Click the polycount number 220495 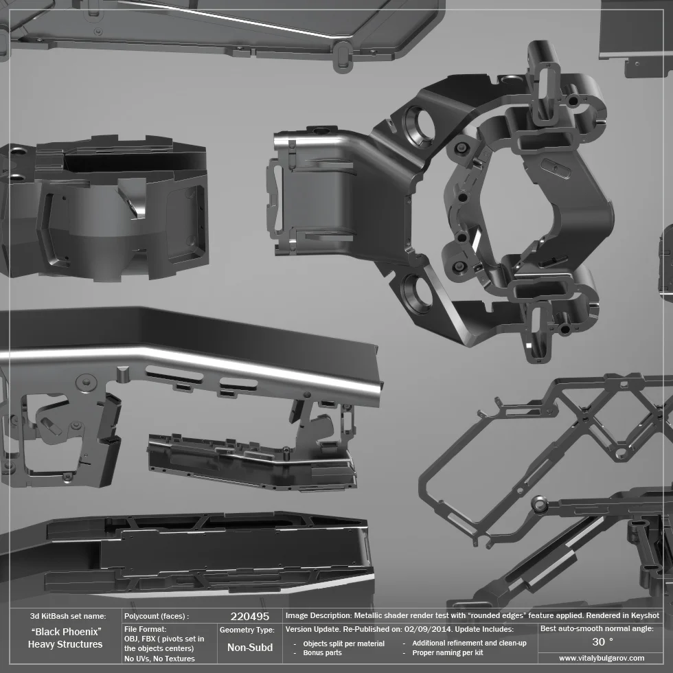coord(249,617)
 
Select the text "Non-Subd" coord(249,648)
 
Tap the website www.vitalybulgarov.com coord(602,658)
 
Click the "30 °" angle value coord(602,642)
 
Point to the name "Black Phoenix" coord(66,631)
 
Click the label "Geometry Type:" coord(247,630)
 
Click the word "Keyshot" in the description coord(643,616)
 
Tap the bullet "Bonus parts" coord(322,652)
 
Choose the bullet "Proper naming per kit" coord(448,652)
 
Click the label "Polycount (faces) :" coord(157,617)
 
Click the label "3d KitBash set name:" coord(67,617)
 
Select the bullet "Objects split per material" coord(343,643)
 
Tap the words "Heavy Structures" coord(65,644)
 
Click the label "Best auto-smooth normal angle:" coord(597,628)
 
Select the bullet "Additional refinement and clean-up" coord(469,643)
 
